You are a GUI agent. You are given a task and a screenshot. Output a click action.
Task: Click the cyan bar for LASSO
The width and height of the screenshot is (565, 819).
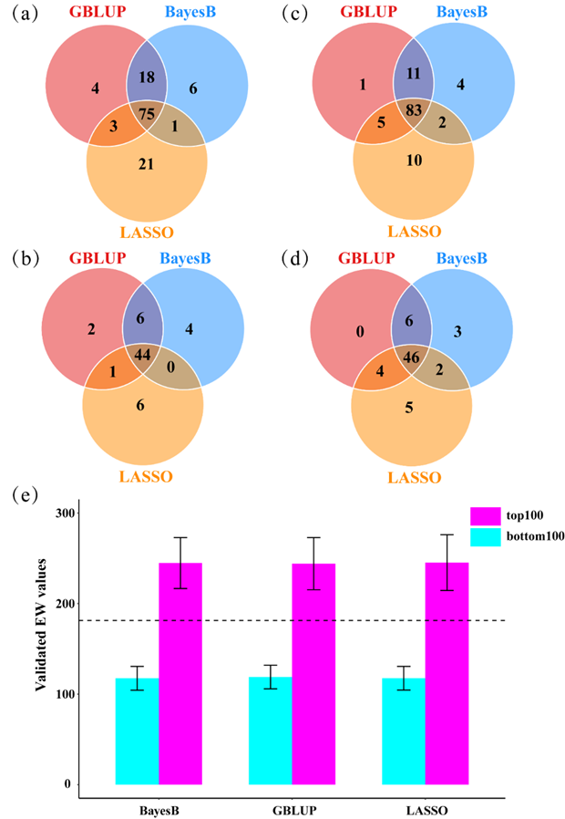(x=404, y=731)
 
